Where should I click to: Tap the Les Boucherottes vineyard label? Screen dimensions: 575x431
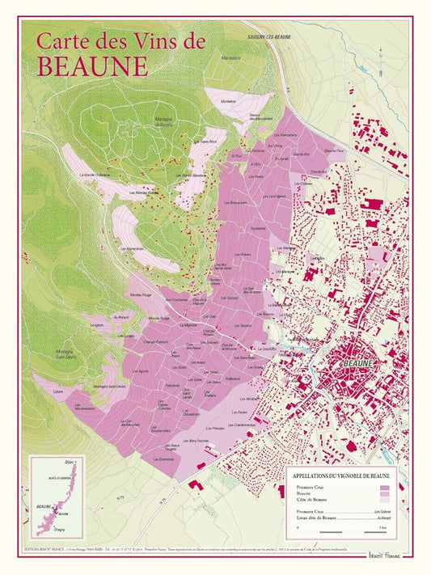coord(167,429)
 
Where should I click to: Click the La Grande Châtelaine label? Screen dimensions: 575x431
coord(95,175)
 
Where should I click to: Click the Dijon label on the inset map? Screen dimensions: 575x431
coord(70,463)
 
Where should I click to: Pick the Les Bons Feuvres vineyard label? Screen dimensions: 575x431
coord(198,441)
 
